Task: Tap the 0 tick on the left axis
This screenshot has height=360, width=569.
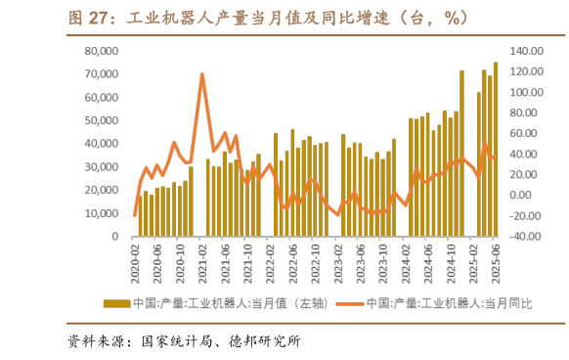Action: (x=115, y=237)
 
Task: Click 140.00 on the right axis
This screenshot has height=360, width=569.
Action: (x=525, y=51)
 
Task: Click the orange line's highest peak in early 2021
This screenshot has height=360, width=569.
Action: (x=201, y=74)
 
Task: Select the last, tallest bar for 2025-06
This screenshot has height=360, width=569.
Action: (x=496, y=150)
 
